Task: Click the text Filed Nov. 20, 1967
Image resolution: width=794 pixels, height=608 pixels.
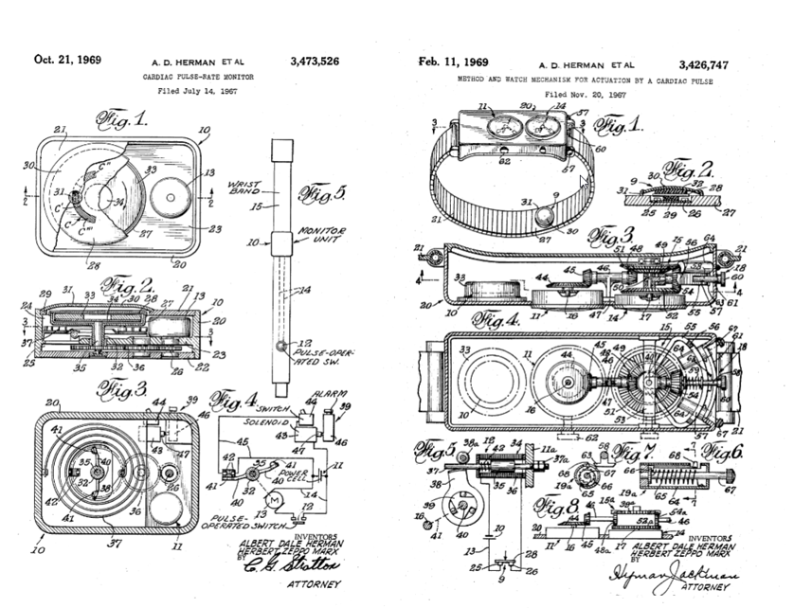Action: point(586,96)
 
